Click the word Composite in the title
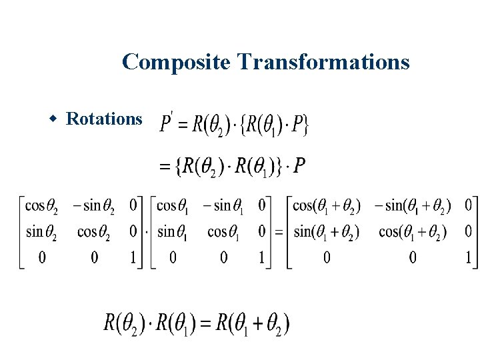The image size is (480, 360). (x=176, y=62)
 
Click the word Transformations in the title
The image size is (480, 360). (x=323, y=62)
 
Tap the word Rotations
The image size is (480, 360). (x=105, y=119)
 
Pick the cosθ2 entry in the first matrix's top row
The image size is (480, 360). (x=41, y=205)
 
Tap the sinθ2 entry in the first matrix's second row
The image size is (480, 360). (x=41, y=231)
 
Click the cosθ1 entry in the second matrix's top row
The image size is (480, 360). (x=172, y=205)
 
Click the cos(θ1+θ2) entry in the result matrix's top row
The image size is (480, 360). (x=326, y=205)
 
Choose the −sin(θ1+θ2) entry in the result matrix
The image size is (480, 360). (x=412, y=205)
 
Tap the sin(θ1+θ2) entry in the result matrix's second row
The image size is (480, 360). (x=326, y=231)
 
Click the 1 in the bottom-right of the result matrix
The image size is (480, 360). (x=469, y=257)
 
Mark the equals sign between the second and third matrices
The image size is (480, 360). (x=281, y=232)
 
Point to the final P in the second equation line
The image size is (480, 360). (x=299, y=165)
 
